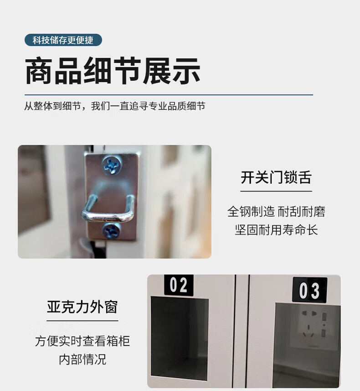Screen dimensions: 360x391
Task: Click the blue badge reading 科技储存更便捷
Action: [x=63, y=40]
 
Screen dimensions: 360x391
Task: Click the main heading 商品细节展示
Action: [x=113, y=71]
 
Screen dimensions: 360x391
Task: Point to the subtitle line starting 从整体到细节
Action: [x=114, y=106]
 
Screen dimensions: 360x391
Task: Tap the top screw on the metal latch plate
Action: [x=112, y=165]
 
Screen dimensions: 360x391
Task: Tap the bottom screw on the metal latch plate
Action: [x=111, y=231]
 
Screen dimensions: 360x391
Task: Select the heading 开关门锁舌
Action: [x=276, y=177]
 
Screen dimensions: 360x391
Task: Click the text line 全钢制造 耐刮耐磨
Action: [x=276, y=211]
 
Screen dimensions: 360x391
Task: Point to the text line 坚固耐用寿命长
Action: [x=276, y=229]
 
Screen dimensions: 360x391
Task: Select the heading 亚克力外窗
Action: [x=82, y=307]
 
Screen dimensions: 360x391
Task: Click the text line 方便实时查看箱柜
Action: [x=82, y=341]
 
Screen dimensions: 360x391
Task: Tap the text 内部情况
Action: [x=82, y=360]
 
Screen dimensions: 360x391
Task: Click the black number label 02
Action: [x=179, y=285]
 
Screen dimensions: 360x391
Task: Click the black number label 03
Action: [x=309, y=290]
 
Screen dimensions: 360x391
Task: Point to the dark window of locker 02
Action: [x=179, y=339]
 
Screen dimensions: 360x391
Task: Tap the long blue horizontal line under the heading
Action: [x=169, y=95]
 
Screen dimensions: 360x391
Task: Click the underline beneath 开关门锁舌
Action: [x=276, y=191]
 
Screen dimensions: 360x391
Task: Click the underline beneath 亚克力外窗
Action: [x=82, y=321]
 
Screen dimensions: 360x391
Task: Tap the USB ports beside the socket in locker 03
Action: [x=324, y=325]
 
